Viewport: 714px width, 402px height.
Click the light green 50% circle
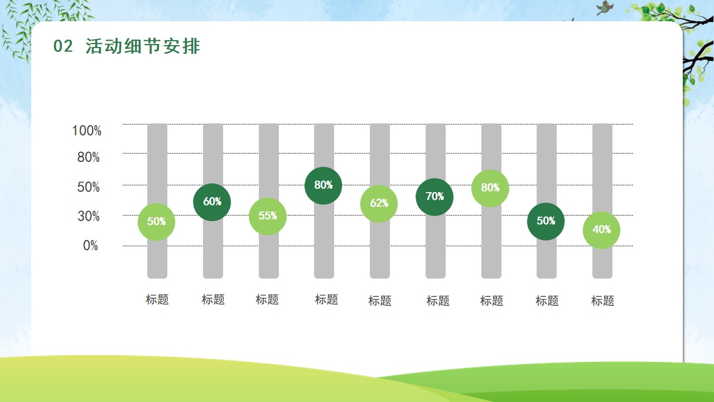156,222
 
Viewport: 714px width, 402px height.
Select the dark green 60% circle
212,202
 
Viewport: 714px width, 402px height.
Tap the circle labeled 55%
267,216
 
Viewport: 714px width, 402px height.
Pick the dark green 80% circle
323,185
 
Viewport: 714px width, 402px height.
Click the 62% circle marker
379,204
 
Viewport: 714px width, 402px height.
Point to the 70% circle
435,197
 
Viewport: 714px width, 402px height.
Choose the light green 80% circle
490,188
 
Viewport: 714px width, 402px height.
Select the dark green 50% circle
546,222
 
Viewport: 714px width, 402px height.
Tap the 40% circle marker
601,230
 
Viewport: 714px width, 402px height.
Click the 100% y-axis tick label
86,131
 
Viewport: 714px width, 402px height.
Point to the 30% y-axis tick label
89,216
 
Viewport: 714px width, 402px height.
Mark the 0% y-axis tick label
90,246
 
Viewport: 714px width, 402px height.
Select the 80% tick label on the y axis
89,157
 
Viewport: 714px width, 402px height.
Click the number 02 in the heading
63,46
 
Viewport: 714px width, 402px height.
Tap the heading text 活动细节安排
143,46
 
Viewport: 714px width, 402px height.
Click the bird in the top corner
605,7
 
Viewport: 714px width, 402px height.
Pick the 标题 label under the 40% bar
602,300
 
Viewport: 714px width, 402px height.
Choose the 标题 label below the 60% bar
213,300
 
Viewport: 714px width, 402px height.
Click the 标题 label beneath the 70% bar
438,300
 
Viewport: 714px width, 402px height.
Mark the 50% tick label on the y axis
89,187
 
